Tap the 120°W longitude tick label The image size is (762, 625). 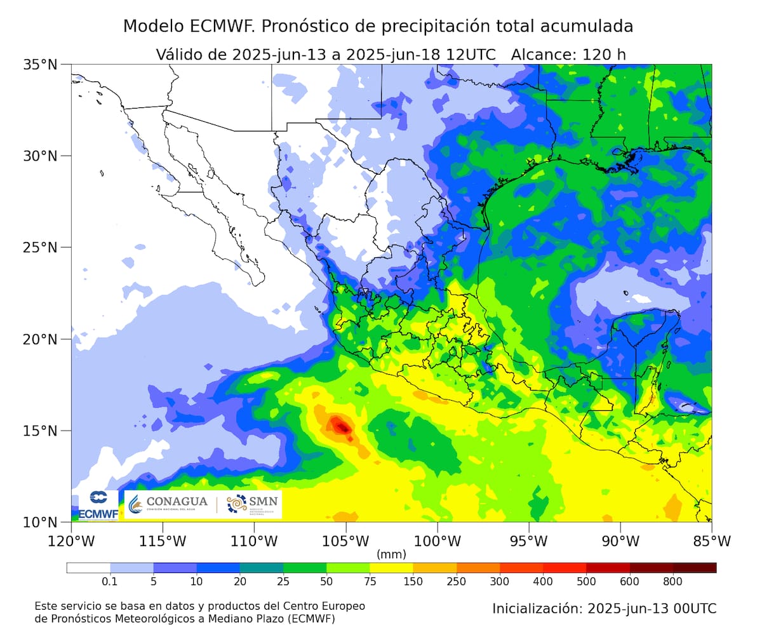pyautogui.click(x=71, y=541)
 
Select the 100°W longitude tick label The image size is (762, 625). pyautogui.click(x=438, y=541)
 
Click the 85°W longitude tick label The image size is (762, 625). pyautogui.click(x=711, y=541)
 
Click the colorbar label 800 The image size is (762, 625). pyautogui.click(x=672, y=581)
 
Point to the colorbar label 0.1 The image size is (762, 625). pyautogui.click(x=110, y=581)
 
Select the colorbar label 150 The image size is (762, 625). pyautogui.click(x=413, y=581)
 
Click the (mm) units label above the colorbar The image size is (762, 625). pyautogui.click(x=391, y=554)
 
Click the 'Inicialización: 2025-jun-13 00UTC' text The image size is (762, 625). pyautogui.click(x=604, y=608)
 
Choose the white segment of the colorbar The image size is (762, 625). pyautogui.click(x=88, y=568)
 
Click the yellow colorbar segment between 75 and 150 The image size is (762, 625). pyautogui.click(x=391, y=568)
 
